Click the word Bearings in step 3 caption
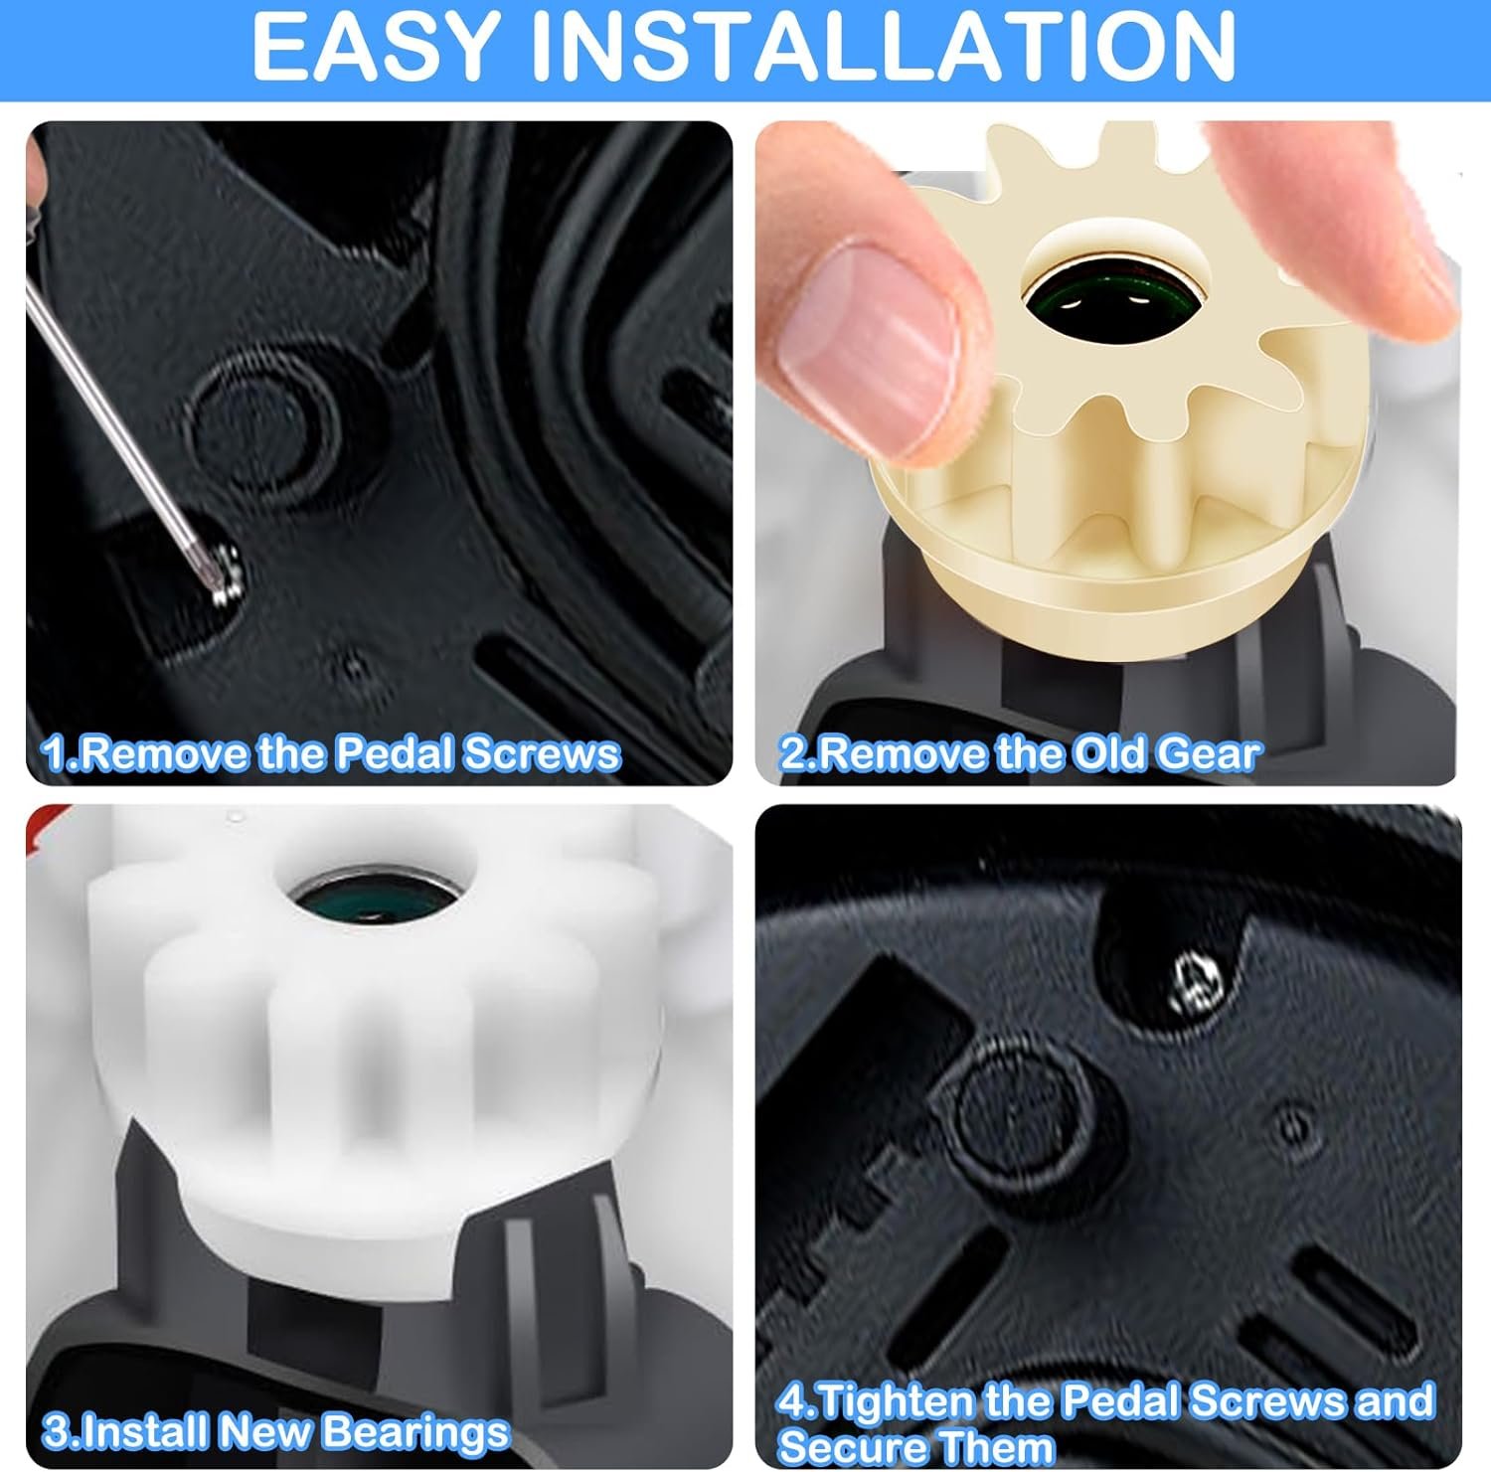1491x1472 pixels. [415, 1432]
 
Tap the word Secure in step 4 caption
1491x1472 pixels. [855, 1446]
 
